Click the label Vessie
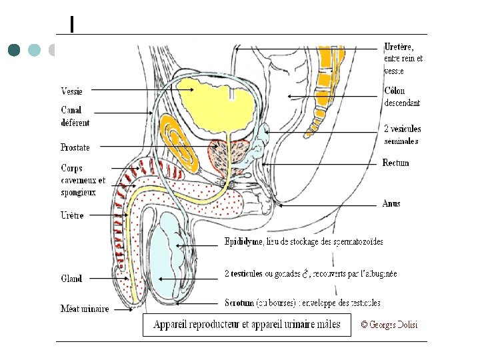coord(72,91)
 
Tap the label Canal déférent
coord(75,117)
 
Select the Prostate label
coord(75,147)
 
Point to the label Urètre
coord(72,216)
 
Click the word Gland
coord(71,279)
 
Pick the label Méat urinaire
coord(85,309)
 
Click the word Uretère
coord(399,47)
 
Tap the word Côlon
coord(394,91)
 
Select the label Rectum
coord(395,163)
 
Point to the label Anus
coord(391,203)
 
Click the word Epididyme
coord(243,241)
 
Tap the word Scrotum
coord(239,303)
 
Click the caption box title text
coord(247,325)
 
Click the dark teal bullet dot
coord(15,50)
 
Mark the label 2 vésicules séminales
coord(402,135)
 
